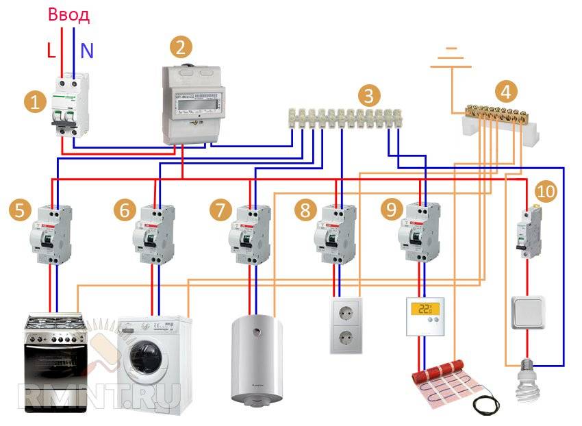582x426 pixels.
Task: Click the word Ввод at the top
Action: [x=69, y=16]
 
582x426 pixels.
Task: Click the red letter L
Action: [x=51, y=50]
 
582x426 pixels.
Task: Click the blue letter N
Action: [x=87, y=50]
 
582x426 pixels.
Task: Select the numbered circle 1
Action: [x=34, y=103]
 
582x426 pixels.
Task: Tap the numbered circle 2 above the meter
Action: [x=181, y=47]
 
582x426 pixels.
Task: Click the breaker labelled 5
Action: [x=52, y=235]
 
